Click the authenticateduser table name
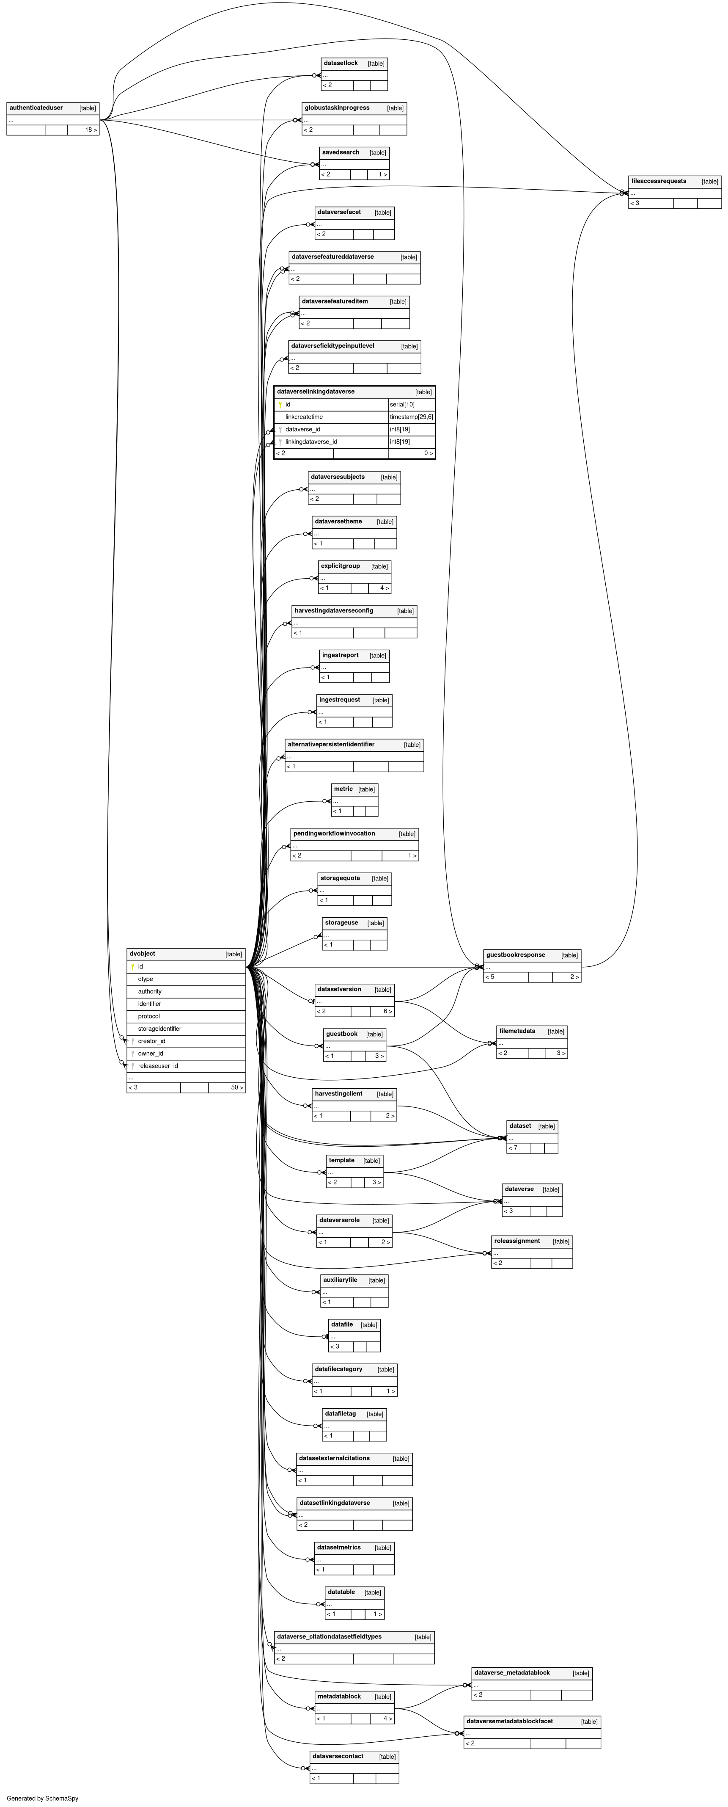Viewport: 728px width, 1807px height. tap(36, 108)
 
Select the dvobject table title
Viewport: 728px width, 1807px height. tap(143, 954)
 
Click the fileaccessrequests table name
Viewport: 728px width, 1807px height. tap(659, 182)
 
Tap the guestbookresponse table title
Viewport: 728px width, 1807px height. tap(516, 955)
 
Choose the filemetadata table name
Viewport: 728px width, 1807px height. tap(517, 1031)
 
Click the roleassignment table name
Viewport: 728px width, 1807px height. tap(517, 1241)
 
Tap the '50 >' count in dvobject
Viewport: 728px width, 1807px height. tap(237, 1088)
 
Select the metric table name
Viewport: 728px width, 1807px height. tap(343, 789)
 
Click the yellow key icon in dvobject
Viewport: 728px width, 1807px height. tap(132, 967)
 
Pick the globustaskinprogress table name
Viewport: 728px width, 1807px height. tap(337, 108)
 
